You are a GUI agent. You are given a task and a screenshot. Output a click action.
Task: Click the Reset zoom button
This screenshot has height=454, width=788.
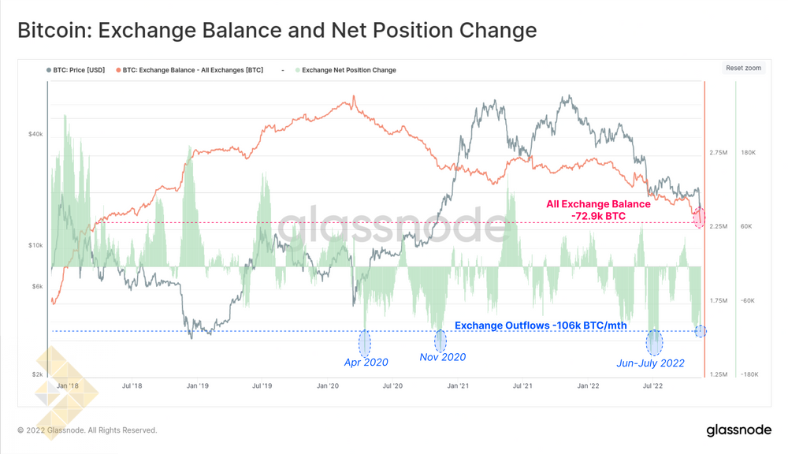(x=743, y=69)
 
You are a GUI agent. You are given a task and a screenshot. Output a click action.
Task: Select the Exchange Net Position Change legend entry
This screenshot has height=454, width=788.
(x=348, y=70)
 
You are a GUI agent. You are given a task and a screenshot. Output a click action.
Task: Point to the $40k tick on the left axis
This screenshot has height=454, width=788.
(x=35, y=134)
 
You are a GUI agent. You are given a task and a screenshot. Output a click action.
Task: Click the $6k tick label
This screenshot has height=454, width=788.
(x=36, y=286)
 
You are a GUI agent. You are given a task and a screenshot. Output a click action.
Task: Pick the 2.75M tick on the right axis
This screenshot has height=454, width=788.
(x=719, y=152)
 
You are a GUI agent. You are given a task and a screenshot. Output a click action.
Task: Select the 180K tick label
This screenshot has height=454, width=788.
(x=749, y=152)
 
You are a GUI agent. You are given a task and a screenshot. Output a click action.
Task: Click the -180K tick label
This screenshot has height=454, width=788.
(x=748, y=375)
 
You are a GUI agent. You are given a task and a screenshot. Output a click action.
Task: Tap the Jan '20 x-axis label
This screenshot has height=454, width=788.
(x=328, y=386)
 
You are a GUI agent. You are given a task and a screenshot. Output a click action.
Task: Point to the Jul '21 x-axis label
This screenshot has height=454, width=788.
(x=522, y=386)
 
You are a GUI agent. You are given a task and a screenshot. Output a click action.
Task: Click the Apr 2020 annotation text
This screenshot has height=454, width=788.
(x=366, y=363)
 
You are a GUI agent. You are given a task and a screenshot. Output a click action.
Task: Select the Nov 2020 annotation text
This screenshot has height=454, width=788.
(x=442, y=357)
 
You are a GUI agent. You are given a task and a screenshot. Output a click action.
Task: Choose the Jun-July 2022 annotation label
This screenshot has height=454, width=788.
(x=651, y=363)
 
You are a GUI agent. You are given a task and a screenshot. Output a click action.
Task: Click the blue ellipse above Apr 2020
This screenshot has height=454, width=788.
(x=365, y=343)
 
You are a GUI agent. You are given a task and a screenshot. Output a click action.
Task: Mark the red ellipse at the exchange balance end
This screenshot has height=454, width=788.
(x=699, y=217)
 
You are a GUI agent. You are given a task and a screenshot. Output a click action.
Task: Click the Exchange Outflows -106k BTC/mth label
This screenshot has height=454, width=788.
(x=541, y=325)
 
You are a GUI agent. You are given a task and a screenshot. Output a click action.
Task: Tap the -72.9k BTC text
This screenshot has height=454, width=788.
(x=598, y=215)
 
